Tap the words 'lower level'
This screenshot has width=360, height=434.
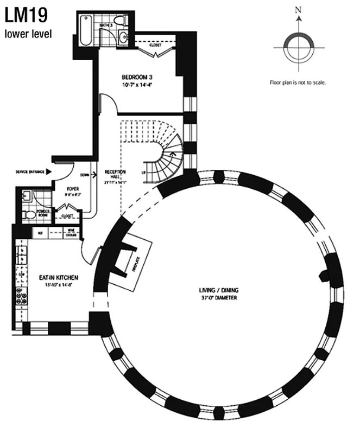pyautogui.click(x=28, y=34)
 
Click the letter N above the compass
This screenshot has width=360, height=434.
pyautogui.click(x=297, y=10)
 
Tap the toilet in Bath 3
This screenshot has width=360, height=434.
pyautogui.click(x=123, y=22)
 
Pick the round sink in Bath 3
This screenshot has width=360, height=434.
pyautogui.click(x=123, y=38)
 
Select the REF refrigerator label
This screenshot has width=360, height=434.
pyautogui.click(x=39, y=233)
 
